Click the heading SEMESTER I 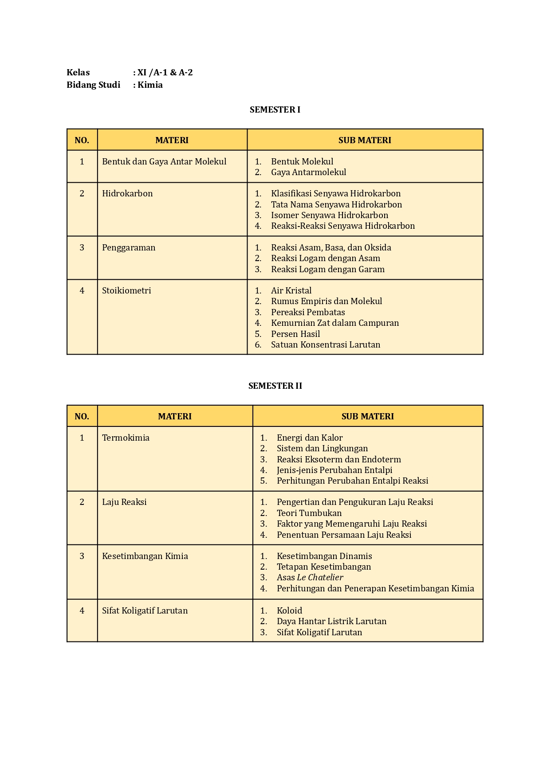point(275,109)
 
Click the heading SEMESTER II point(275,386)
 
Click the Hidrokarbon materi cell point(127,193)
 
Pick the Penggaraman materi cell point(129,247)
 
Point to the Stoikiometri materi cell point(126,290)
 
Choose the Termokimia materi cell point(126,438)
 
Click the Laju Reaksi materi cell point(124,502)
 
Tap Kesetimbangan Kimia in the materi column point(145,556)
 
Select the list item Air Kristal point(291,290)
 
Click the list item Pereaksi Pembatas point(308,312)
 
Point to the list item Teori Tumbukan point(309,513)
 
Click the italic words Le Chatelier point(320,577)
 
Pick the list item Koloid point(289,610)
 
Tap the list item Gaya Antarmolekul point(308,172)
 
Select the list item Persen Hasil point(295,334)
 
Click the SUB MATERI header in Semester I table point(365,140)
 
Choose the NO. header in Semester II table point(82,416)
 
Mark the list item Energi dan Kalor point(310,438)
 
